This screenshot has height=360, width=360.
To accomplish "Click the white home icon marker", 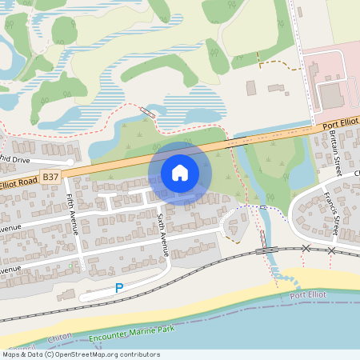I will [180, 172].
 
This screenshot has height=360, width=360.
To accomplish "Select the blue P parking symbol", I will [119, 288].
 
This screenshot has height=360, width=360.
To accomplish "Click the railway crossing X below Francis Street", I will [331, 250].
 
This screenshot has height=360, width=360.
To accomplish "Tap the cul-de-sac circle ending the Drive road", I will [70, 162].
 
